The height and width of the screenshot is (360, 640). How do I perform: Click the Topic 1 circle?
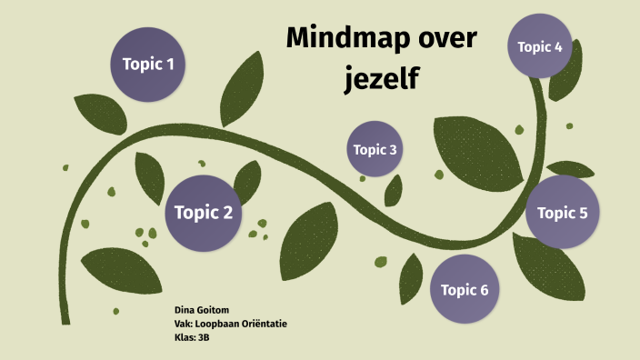(148, 64)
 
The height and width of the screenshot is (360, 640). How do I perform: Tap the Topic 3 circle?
(375, 149)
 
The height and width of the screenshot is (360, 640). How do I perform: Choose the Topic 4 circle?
(540, 46)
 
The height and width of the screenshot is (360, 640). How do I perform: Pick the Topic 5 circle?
(563, 213)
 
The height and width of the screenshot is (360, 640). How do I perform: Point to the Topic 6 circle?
(465, 289)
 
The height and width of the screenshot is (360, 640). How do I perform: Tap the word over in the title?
(445, 39)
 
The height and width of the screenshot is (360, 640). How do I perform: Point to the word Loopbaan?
(215, 324)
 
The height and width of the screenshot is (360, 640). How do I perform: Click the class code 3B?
(204, 336)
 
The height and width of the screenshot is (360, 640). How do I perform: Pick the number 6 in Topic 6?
(484, 290)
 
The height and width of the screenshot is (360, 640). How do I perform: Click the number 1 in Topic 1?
(169, 64)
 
